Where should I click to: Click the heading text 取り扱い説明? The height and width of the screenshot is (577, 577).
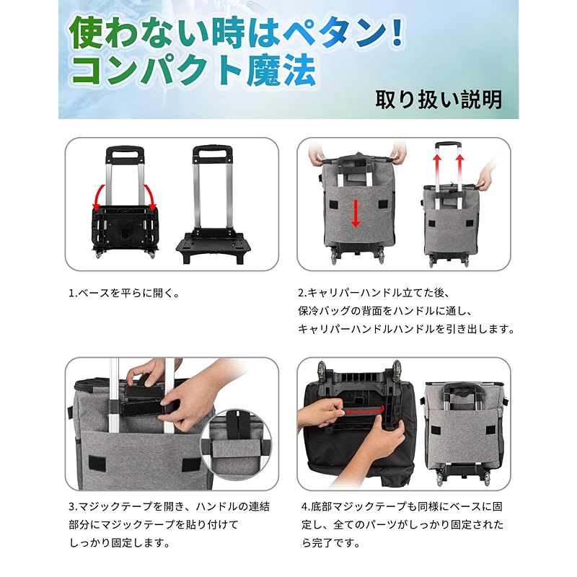click(438, 99)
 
